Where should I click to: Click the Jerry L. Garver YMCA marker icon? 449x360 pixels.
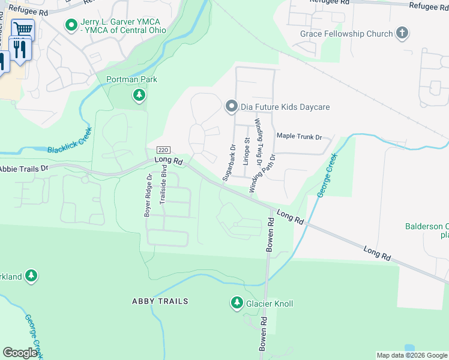71,26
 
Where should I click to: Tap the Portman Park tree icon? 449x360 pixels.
139,95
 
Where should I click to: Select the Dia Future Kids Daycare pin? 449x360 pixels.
231,107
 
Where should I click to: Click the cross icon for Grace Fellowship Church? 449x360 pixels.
402,34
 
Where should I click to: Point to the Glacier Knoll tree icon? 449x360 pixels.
237,304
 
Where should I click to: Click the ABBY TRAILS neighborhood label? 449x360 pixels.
160,301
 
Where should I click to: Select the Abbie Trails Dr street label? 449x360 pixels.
24,169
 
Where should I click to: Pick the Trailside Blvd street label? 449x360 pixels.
163,188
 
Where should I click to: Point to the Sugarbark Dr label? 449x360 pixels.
229,163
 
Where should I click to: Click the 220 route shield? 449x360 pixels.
161,149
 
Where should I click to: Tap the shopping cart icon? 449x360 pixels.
23,29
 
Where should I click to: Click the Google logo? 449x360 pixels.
20,353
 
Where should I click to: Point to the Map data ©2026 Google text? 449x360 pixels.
411,355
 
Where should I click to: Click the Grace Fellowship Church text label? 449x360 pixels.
346,34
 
